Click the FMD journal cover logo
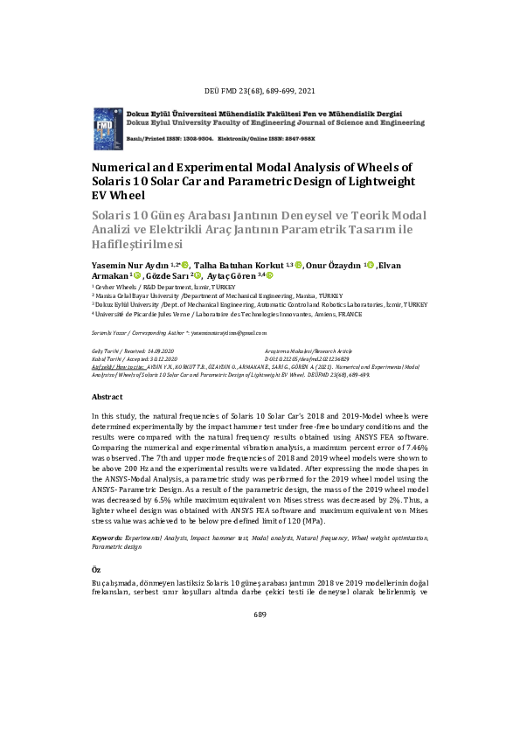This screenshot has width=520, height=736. [108, 128]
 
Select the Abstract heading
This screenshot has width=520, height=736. [107, 396]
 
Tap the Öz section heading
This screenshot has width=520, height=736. [96, 569]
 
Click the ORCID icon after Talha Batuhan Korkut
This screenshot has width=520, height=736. [298, 264]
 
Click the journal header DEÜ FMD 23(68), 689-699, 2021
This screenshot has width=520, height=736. [260, 91]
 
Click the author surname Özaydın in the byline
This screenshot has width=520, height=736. [344, 265]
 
